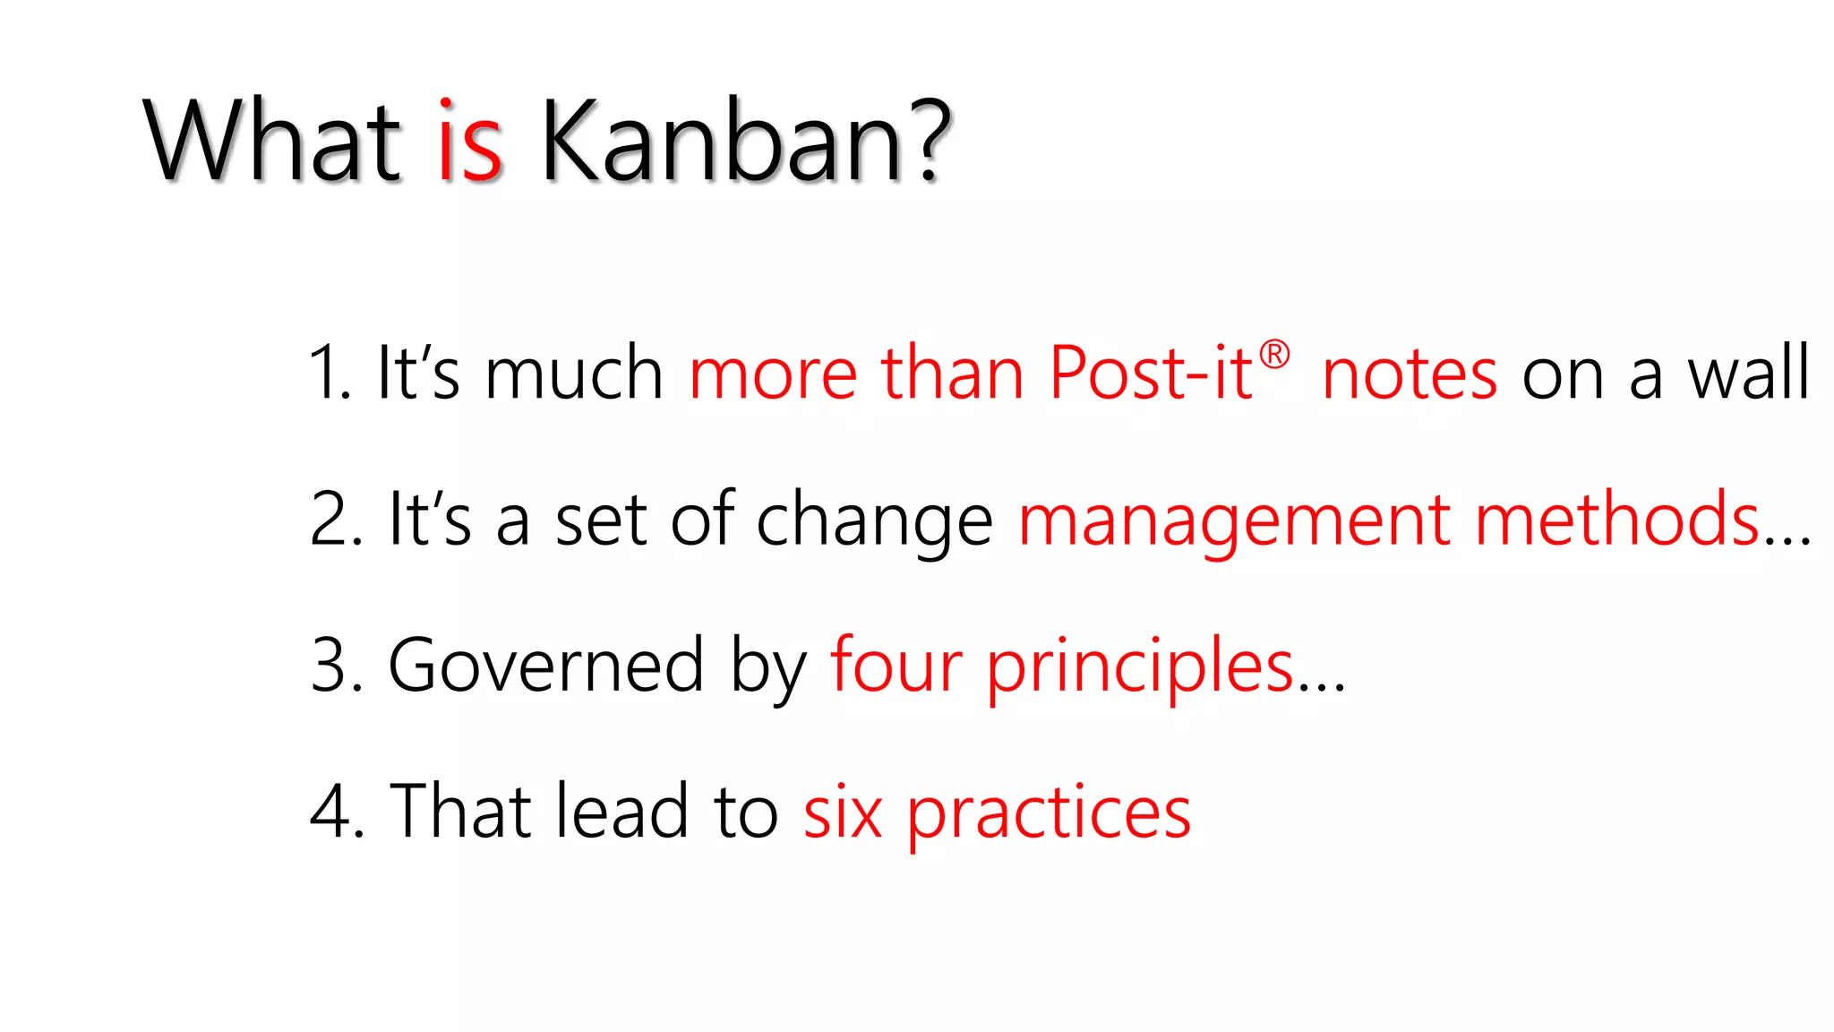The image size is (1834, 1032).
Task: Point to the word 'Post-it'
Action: point(1150,374)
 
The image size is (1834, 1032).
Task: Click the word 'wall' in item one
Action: point(1748,374)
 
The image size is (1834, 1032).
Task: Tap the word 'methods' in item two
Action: point(1617,520)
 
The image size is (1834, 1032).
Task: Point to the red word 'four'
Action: point(896,666)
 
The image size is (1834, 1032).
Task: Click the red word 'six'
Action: point(842,812)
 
